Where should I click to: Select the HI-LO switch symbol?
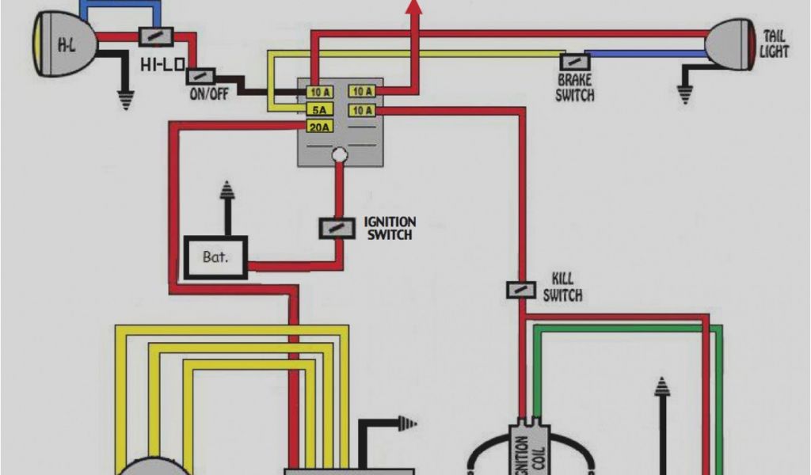(156, 36)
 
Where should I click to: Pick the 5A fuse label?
(318, 109)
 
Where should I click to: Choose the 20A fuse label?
(318, 127)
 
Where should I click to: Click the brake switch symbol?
(573, 61)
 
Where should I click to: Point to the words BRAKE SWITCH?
(574, 88)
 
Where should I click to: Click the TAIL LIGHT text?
(774, 44)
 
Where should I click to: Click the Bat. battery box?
(215, 257)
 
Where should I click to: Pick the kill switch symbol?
(520, 290)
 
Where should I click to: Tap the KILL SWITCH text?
(563, 287)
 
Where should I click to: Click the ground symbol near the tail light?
(685, 93)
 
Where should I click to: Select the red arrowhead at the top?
(413, 7)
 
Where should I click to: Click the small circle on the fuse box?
(339, 154)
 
